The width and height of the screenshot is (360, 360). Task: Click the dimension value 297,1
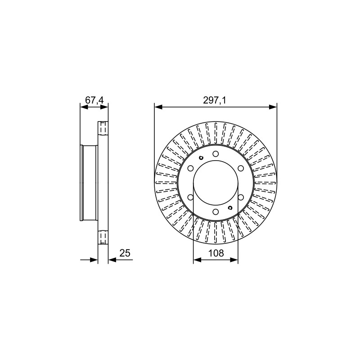pyautogui.click(x=215, y=100)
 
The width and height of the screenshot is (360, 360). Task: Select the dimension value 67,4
pyautogui.click(x=94, y=100)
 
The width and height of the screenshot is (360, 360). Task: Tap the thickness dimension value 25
pyautogui.click(x=125, y=253)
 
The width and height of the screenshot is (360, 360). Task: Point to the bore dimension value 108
pyautogui.click(x=216, y=253)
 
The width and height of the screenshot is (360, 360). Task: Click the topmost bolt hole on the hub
pyautogui.click(x=216, y=154)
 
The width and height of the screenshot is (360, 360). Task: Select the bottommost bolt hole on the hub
pyautogui.click(x=216, y=211)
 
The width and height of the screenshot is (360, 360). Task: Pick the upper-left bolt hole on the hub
pyautogui.click(x=190, y=168)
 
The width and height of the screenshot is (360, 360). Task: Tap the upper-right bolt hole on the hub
pyautogui.click(x=241, y=168)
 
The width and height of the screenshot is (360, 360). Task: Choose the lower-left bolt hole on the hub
pyautogui.click(x=190, y=197)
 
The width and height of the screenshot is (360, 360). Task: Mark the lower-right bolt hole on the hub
pyautogui.click(x=241, y=197)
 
